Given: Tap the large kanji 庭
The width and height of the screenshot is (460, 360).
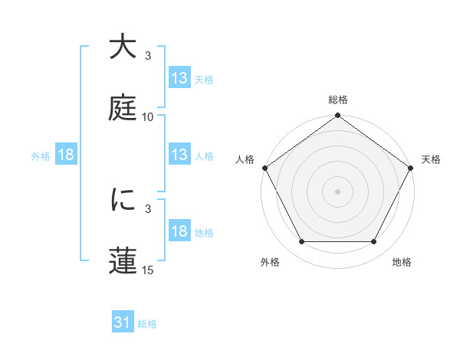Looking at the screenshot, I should point(123,107).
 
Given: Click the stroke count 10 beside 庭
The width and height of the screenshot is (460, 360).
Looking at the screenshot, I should point(148,117).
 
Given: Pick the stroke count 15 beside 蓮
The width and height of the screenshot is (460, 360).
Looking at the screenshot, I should point(148,270).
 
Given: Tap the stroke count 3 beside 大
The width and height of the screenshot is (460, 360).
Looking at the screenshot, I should point(148,56).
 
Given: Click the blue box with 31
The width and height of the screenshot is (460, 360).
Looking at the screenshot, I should point(123,323).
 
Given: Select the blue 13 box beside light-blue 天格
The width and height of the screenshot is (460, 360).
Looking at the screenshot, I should point(179,78).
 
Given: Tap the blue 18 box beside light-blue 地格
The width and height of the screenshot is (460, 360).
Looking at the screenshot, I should point(179,232).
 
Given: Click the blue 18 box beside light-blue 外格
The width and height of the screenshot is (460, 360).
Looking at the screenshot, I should point(66,155).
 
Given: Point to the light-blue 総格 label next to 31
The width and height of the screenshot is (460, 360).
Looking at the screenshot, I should point(147,324).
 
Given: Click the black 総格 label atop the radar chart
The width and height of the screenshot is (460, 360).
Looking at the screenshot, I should point(338,100).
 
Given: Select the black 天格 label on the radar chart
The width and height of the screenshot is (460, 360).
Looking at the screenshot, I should point(432,159).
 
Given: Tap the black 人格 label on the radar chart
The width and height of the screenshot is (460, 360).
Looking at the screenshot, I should point(245,159).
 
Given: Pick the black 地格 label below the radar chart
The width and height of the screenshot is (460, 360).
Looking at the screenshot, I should point(402,262).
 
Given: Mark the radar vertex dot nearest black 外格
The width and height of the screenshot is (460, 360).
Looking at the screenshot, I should point(301,242).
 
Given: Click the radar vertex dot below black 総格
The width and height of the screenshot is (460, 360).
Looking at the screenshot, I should point(338,116).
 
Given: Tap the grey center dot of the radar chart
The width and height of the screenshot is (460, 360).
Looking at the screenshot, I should point(338,191).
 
